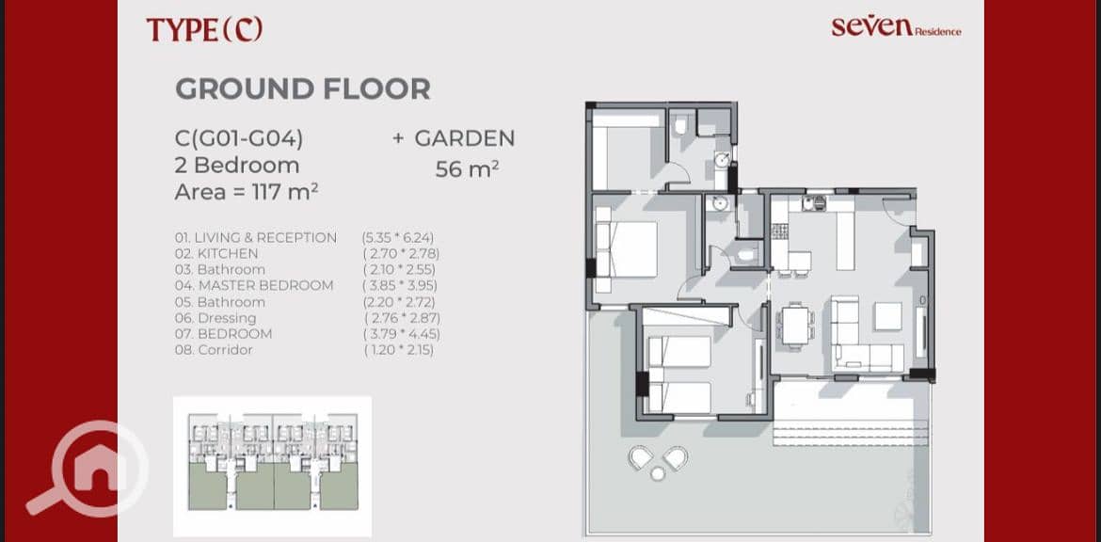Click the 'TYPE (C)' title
pos(204,29)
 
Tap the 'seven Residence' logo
pos(896,27)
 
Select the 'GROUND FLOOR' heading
pos(303,89)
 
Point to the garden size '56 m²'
pos(467,169)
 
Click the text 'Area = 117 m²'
pos(247,191)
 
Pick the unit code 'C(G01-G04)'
pos(239,139)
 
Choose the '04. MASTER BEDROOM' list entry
pos(254,286)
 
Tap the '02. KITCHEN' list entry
pos(216,253)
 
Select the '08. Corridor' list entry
pos(214,350)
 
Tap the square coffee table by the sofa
pos(888,316)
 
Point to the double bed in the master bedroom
pos(626,250)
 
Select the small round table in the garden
pos(657,474)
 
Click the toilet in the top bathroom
pos(679,126)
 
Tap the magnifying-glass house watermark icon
pos(88,469)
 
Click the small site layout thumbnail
pos(273,466)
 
